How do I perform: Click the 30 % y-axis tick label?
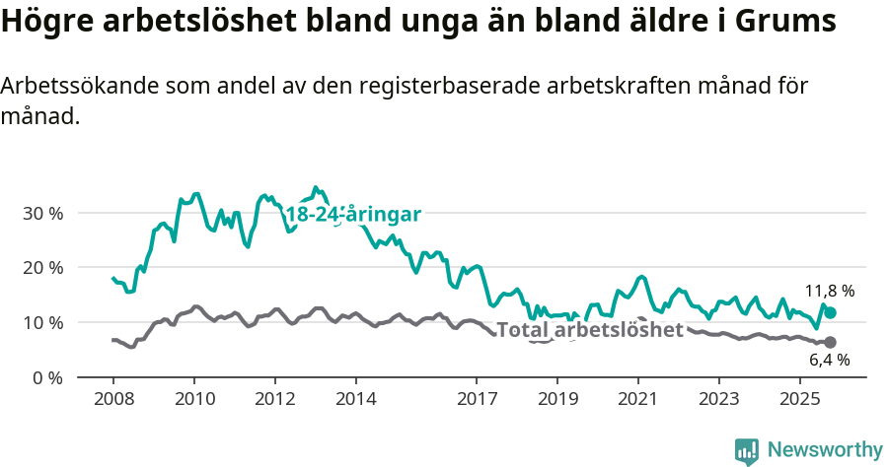pyautogui.click(x=41, y=213)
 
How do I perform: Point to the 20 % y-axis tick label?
pyautogui.click(x=41, y=268)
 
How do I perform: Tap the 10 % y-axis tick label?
pyautogui.click(x=41, y=323)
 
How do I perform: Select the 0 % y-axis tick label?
pyautogui.click(x=46, y=378)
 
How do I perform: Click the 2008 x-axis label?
pyautogui.click(x=113, y=399)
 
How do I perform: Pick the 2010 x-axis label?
pyautogui.click(x=194, y=399)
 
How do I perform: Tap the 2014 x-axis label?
pyautogui.click(x=356, y=399)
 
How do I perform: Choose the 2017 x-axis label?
pyautogui.click(x=477, y=399)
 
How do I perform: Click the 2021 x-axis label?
pyautogui.click(x=638, y=399)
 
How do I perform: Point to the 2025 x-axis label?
pyautogui.click(x=800, y=399)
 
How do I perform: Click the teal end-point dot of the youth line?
pyautogui.click(x=831, y=312)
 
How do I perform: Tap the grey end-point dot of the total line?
pyautogui.click(x=831, y=342)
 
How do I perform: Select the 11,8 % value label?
pyautogui.click(x=829, y=291)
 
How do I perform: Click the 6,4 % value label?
pyautogui.click(x=829, y=361)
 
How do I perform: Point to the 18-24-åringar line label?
pyautogui.click(x=353, y=215)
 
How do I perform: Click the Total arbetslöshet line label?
pyautogui.click(x=589, y=329)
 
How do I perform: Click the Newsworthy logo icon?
pyautogui.click(x=747, y=450)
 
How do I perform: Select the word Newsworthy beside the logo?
pyautogui.click(x=825, y=450)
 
